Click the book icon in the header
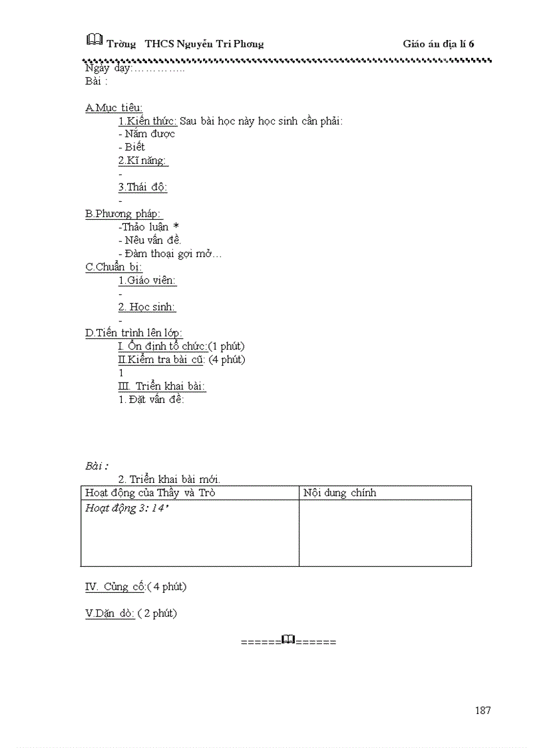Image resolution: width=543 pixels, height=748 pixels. click(94, 40)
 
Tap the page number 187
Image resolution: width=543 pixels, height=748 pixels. click(483, 710)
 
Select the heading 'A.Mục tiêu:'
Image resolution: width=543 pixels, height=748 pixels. click(114, 108)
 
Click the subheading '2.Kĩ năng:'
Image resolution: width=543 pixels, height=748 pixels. click(143, 161)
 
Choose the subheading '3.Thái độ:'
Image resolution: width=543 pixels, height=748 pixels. click(142, 187)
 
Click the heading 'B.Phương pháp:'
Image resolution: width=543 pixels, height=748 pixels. click(124, 214)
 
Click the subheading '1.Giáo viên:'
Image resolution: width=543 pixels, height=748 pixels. click(148, 280)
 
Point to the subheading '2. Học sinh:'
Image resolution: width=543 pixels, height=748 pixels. click(147, 307)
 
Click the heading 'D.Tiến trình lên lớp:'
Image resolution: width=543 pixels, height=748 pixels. click(134, 333)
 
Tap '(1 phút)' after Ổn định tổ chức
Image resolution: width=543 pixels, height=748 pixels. click(226, 346)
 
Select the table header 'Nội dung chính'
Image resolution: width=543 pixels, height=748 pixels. click(339, 493)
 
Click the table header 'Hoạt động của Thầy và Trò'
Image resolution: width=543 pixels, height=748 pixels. click(150, 493)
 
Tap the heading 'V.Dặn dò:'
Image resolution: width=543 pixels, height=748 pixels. click(110, 613)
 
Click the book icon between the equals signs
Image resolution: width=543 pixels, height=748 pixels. click(288, 640)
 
